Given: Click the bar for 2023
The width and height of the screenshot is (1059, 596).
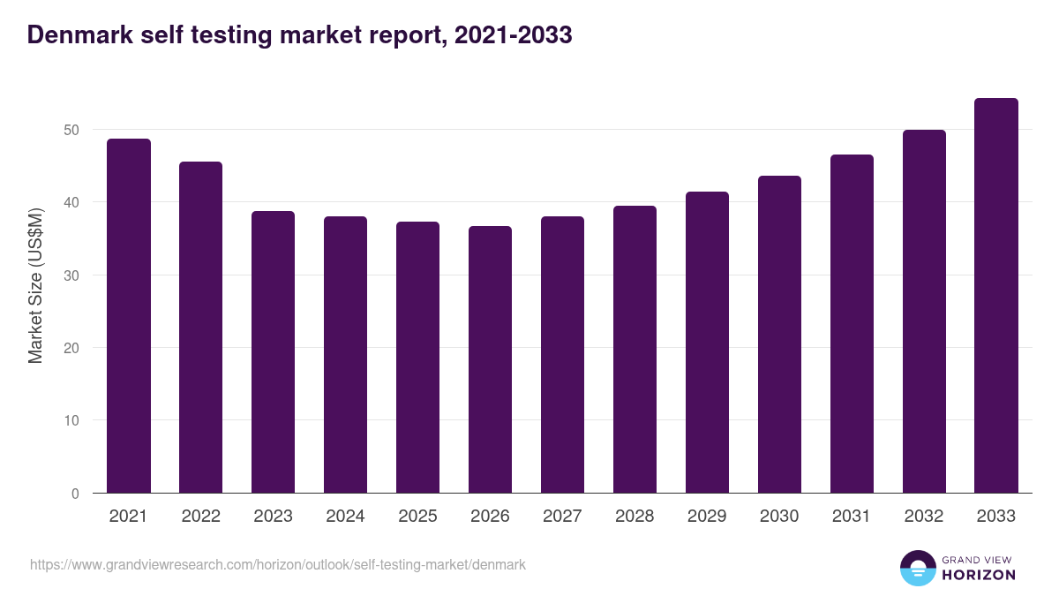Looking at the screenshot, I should [273, 352].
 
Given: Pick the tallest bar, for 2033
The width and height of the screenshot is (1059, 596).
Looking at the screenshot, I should [996, 296].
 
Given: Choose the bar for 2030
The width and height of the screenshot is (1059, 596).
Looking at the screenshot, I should [779, 335].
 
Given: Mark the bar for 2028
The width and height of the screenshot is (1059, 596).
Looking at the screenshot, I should [635, 350].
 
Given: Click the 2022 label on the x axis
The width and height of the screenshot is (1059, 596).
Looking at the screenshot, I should [200, 517].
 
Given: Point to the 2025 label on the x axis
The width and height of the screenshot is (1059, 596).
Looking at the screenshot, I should [417, 517].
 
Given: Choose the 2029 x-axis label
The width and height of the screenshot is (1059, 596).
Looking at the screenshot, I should [707, 517].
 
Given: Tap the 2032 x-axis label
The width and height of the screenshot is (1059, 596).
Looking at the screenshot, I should [924, 517].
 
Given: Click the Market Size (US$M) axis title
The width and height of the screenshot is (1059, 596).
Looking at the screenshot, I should [35, 285].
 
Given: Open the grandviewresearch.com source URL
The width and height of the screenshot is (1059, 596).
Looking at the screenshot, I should [277, 564].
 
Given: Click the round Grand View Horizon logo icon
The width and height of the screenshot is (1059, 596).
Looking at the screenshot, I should [918, 568].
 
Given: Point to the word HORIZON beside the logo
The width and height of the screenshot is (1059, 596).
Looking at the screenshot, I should [979, 575].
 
